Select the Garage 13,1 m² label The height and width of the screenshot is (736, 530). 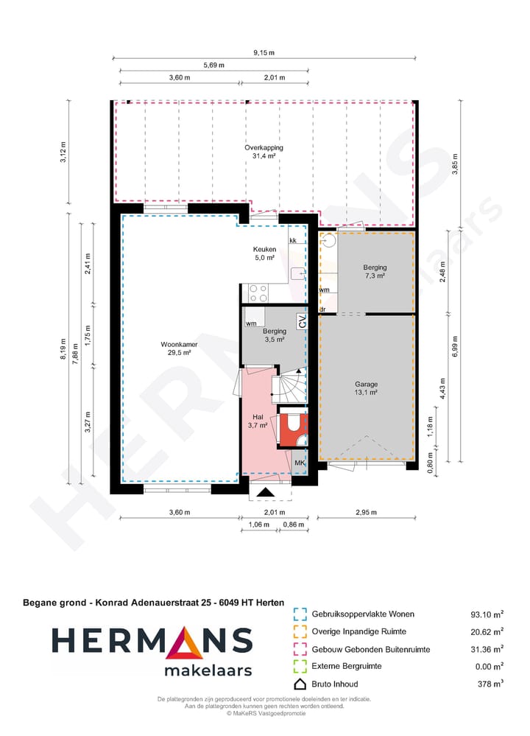(x=366, y=388)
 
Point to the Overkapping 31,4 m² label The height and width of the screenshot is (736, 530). (x=264, y=152)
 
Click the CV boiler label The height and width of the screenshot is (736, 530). (x=302, y=321)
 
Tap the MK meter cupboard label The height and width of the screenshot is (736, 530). (x=300, y=463)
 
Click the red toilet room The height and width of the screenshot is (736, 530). (x=292, y=430)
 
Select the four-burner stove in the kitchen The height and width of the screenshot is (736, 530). (x=258, y=293)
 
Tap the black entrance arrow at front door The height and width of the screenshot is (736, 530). (x=265, y=492)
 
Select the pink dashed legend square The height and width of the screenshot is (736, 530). (x=299, y=649)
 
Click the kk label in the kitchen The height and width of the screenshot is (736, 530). (x=293, y=241)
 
